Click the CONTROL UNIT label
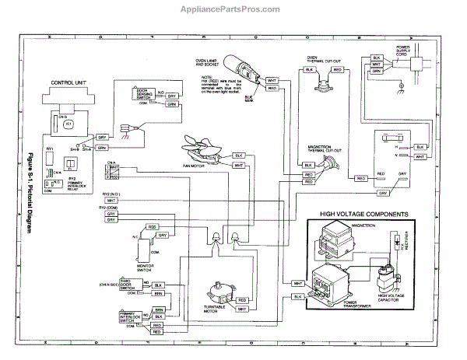pyautogui.click(x=69, y=81)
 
